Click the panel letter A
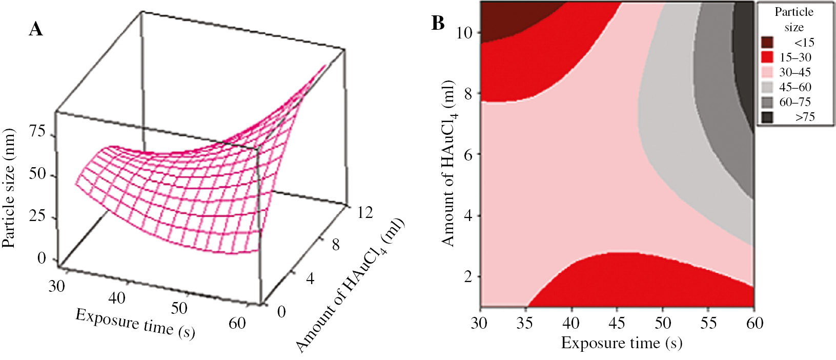tap(36, 29)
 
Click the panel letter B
tap(438, 23)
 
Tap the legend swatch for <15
tap(767, 42)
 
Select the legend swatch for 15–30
tap(767, 57)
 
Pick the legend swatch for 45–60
tap(767, 87)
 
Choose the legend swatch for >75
tap(767, 117)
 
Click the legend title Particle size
tap(793, 19)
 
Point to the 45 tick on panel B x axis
tap(617, 323)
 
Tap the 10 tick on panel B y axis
tap(464, 33)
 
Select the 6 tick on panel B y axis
tap(468, 154)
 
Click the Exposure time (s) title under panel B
tap(621, 343)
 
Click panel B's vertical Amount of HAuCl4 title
tap(448, 163)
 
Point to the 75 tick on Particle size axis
tap(37, 132)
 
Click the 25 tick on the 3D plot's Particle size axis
tap(37, 216)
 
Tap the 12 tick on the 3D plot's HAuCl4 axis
tap(364, 212)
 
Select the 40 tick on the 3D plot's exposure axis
tap(117, 297)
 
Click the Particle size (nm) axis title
tap(9, 187)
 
